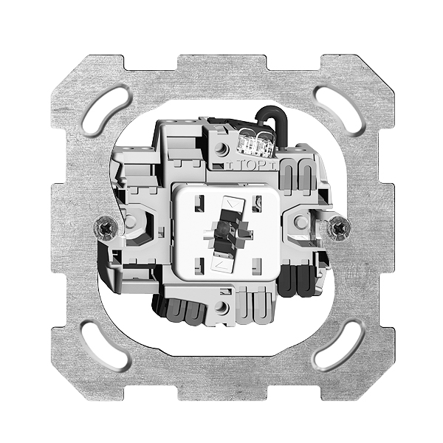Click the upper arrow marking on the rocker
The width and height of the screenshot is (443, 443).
[x=233, y=204]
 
